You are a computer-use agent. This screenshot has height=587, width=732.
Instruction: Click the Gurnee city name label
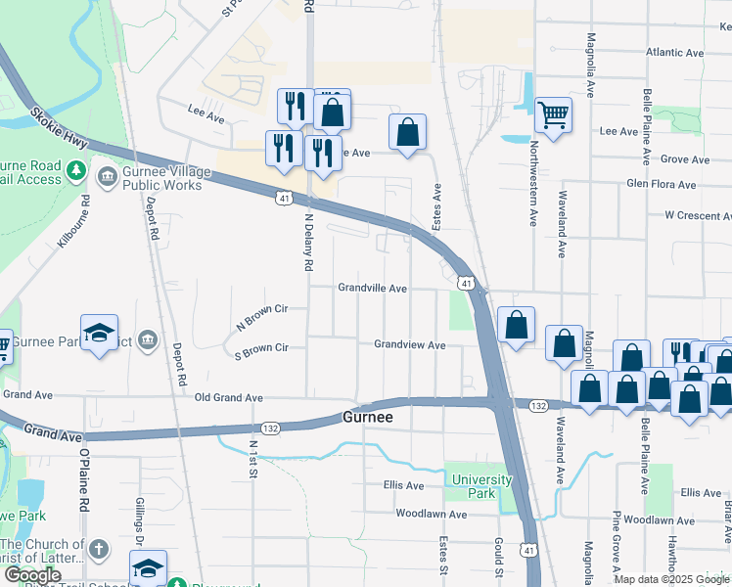[x=368, y=417]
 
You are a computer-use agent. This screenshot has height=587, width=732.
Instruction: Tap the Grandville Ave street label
[x=372, y=289]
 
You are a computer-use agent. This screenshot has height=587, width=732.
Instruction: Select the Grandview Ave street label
[x=409, y=345]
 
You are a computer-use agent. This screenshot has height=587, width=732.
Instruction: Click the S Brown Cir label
[x=261, y=348]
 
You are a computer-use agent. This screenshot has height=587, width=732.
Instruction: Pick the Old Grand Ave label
[x=229, y=398]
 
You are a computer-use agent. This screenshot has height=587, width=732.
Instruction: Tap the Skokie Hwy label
[x=58, y=128]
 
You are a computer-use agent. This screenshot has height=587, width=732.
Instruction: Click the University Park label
[x=481, y=486]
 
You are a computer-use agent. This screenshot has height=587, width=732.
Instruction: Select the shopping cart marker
[x=553, y=115]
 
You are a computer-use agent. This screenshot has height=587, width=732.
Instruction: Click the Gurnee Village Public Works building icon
[x=106, y=179]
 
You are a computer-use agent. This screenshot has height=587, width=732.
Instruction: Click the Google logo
[x=31, y=575]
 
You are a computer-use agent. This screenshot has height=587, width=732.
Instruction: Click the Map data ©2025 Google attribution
[x=670, y=579]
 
